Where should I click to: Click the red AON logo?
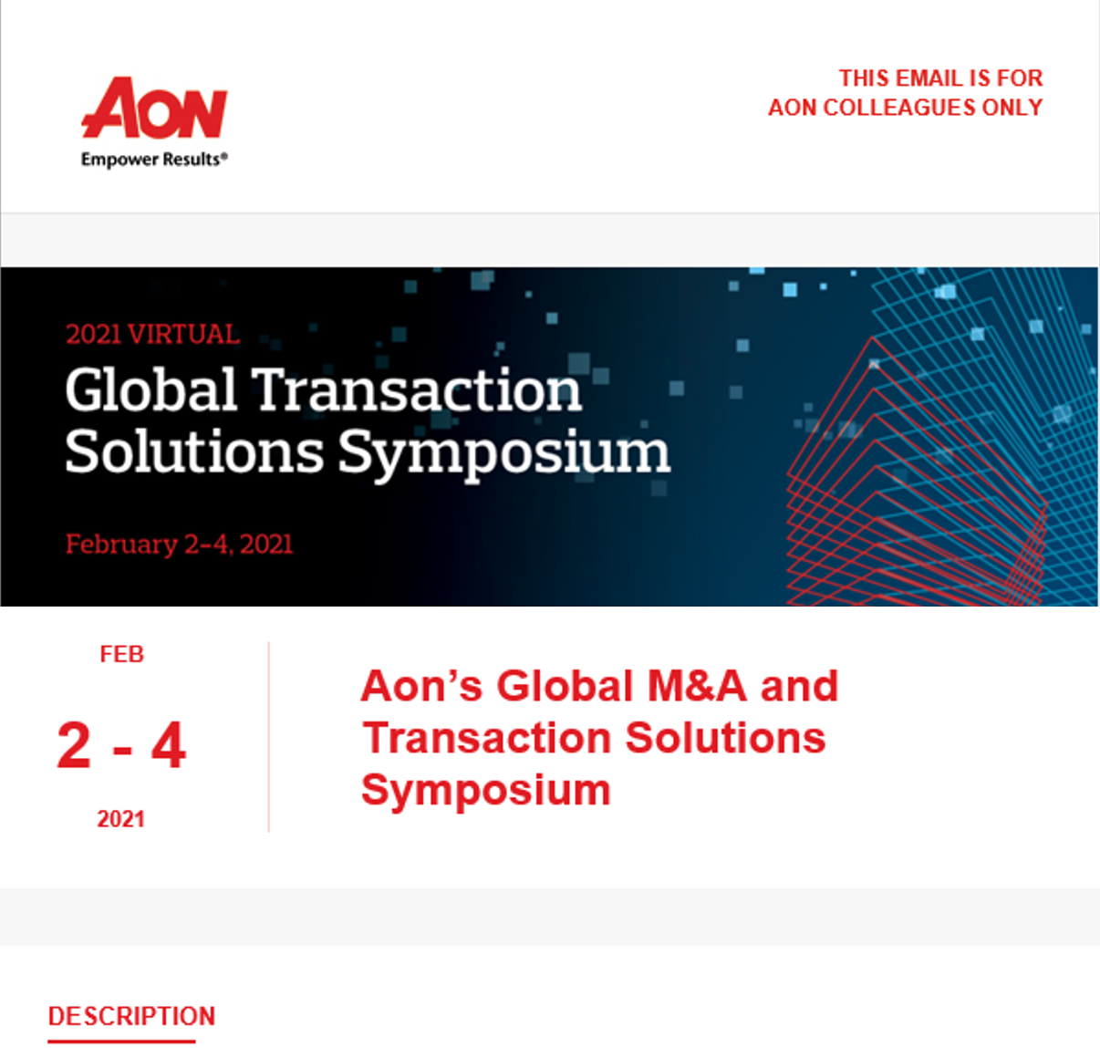coord(154,109)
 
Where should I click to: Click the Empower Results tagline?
coord(153,160)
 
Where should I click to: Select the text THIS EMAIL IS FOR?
coord(940,78)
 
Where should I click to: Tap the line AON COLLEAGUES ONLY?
coord(905,108)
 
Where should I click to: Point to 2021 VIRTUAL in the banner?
coord(152,334)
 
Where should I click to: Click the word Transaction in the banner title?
coord(416,390)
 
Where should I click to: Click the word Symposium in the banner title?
coord(504,453)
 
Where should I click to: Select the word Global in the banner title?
coord(151,390)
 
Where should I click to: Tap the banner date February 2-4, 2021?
coord(179,544)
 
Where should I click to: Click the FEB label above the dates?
coord(121,655)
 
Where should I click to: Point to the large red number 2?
coord(74,745)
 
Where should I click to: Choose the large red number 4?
coord(169,745)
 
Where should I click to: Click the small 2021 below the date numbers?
coord(120,819)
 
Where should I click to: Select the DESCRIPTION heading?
coord(131,1016)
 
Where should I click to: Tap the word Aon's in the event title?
coord(420,686)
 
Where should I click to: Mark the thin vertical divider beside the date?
coord(269,737)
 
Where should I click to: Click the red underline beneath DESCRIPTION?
coord(121,1040)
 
